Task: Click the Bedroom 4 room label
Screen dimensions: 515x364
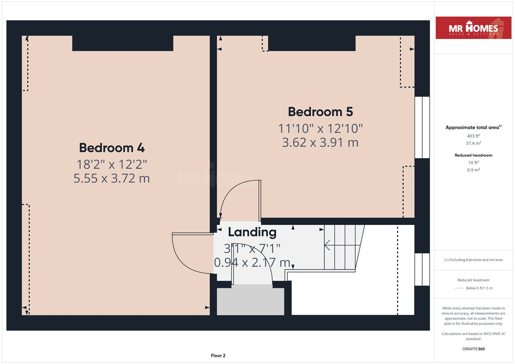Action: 112,148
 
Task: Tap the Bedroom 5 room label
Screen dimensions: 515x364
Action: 320,112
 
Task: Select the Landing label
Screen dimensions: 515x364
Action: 252,232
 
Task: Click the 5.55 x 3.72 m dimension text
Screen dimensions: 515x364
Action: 112,178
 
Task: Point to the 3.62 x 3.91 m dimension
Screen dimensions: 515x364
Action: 320,143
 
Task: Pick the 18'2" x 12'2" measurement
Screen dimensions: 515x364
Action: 112,164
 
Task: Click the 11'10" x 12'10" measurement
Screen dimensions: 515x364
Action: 320,128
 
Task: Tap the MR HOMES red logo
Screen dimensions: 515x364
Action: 473,28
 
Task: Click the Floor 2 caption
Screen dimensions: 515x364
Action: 218,356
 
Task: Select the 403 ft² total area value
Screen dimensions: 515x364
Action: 473,136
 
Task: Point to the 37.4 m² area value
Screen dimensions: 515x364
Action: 473,143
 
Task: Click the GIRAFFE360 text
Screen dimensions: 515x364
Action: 473,349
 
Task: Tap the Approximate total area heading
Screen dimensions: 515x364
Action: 473,127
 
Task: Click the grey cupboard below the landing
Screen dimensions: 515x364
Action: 251,301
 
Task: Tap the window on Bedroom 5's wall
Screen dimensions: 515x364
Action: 422,127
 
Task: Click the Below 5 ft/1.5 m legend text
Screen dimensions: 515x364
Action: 479,288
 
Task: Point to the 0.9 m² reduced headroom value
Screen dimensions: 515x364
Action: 473,170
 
